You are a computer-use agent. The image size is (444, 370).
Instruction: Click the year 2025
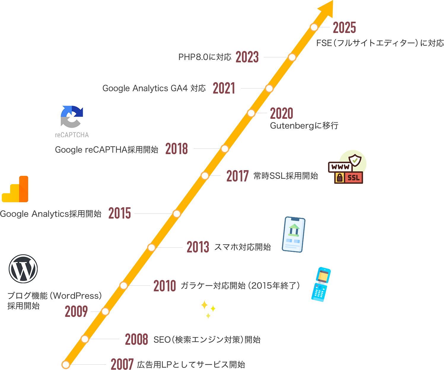(x=344, y=28)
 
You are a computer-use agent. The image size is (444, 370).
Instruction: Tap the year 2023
(x=247, y=57)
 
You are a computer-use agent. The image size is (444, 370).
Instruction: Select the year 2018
(x=176, y=149)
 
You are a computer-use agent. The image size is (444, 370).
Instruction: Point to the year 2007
(x=122, y=364)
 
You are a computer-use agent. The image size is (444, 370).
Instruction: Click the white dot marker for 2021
(x=269, y=88)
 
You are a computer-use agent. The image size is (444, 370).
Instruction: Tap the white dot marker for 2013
(x=152, y=248)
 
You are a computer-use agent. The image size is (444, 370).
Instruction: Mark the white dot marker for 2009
(x=105, y=312)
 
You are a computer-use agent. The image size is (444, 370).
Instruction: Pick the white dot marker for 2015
(x=177, y=214)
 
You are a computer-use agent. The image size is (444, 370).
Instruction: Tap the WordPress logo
(x=23, y=269)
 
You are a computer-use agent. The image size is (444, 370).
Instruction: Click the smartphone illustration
(x=293, y=235)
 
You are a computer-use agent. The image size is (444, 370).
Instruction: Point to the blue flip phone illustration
(x=321, y=284)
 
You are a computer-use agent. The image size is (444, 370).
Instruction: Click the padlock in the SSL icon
(x=340, y=178)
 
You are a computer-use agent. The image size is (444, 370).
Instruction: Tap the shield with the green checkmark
(x=355, y=160)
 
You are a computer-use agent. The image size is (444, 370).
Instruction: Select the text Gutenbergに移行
(x=304, y=126)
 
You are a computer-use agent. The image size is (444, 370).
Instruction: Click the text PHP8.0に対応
(x=205, y=57)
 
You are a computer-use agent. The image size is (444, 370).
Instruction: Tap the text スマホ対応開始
(x=242, y=247)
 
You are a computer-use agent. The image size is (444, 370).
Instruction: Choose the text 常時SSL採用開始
(x=286, y=176)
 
